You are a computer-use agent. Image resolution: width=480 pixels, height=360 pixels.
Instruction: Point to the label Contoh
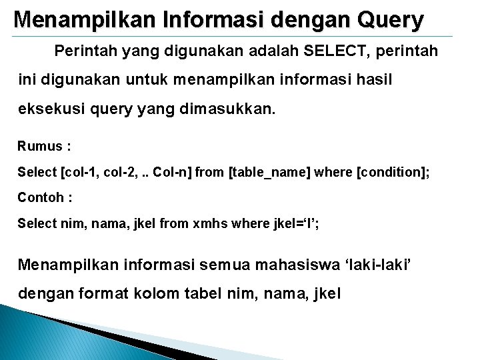41,197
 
